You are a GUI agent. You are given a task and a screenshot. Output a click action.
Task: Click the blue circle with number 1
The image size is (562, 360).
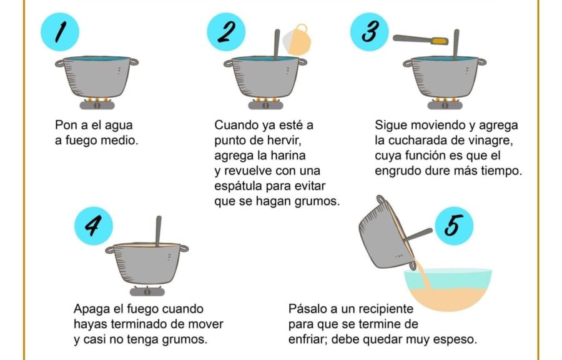coord(60,31)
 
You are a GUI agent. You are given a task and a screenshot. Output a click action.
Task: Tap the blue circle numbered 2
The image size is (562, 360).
coord(226,31)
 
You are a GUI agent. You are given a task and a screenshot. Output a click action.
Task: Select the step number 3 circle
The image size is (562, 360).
coord(369,31)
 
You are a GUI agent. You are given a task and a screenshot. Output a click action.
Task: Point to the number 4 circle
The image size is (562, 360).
coord(94,226)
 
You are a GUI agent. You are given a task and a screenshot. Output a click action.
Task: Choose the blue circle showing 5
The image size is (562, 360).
coord(454,226)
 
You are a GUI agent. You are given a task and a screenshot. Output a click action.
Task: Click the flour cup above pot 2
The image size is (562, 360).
coord(297,40)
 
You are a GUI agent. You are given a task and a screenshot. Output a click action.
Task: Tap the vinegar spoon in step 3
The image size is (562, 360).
coord(420,40)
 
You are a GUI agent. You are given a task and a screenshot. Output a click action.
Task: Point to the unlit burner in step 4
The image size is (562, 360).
coord(147,291)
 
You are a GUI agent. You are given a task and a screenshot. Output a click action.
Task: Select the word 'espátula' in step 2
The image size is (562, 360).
coord(239,186)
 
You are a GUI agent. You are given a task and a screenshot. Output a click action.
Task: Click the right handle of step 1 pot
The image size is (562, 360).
coord(134,62)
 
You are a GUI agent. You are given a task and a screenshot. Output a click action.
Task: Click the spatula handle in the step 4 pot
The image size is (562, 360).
coord(158,231)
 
